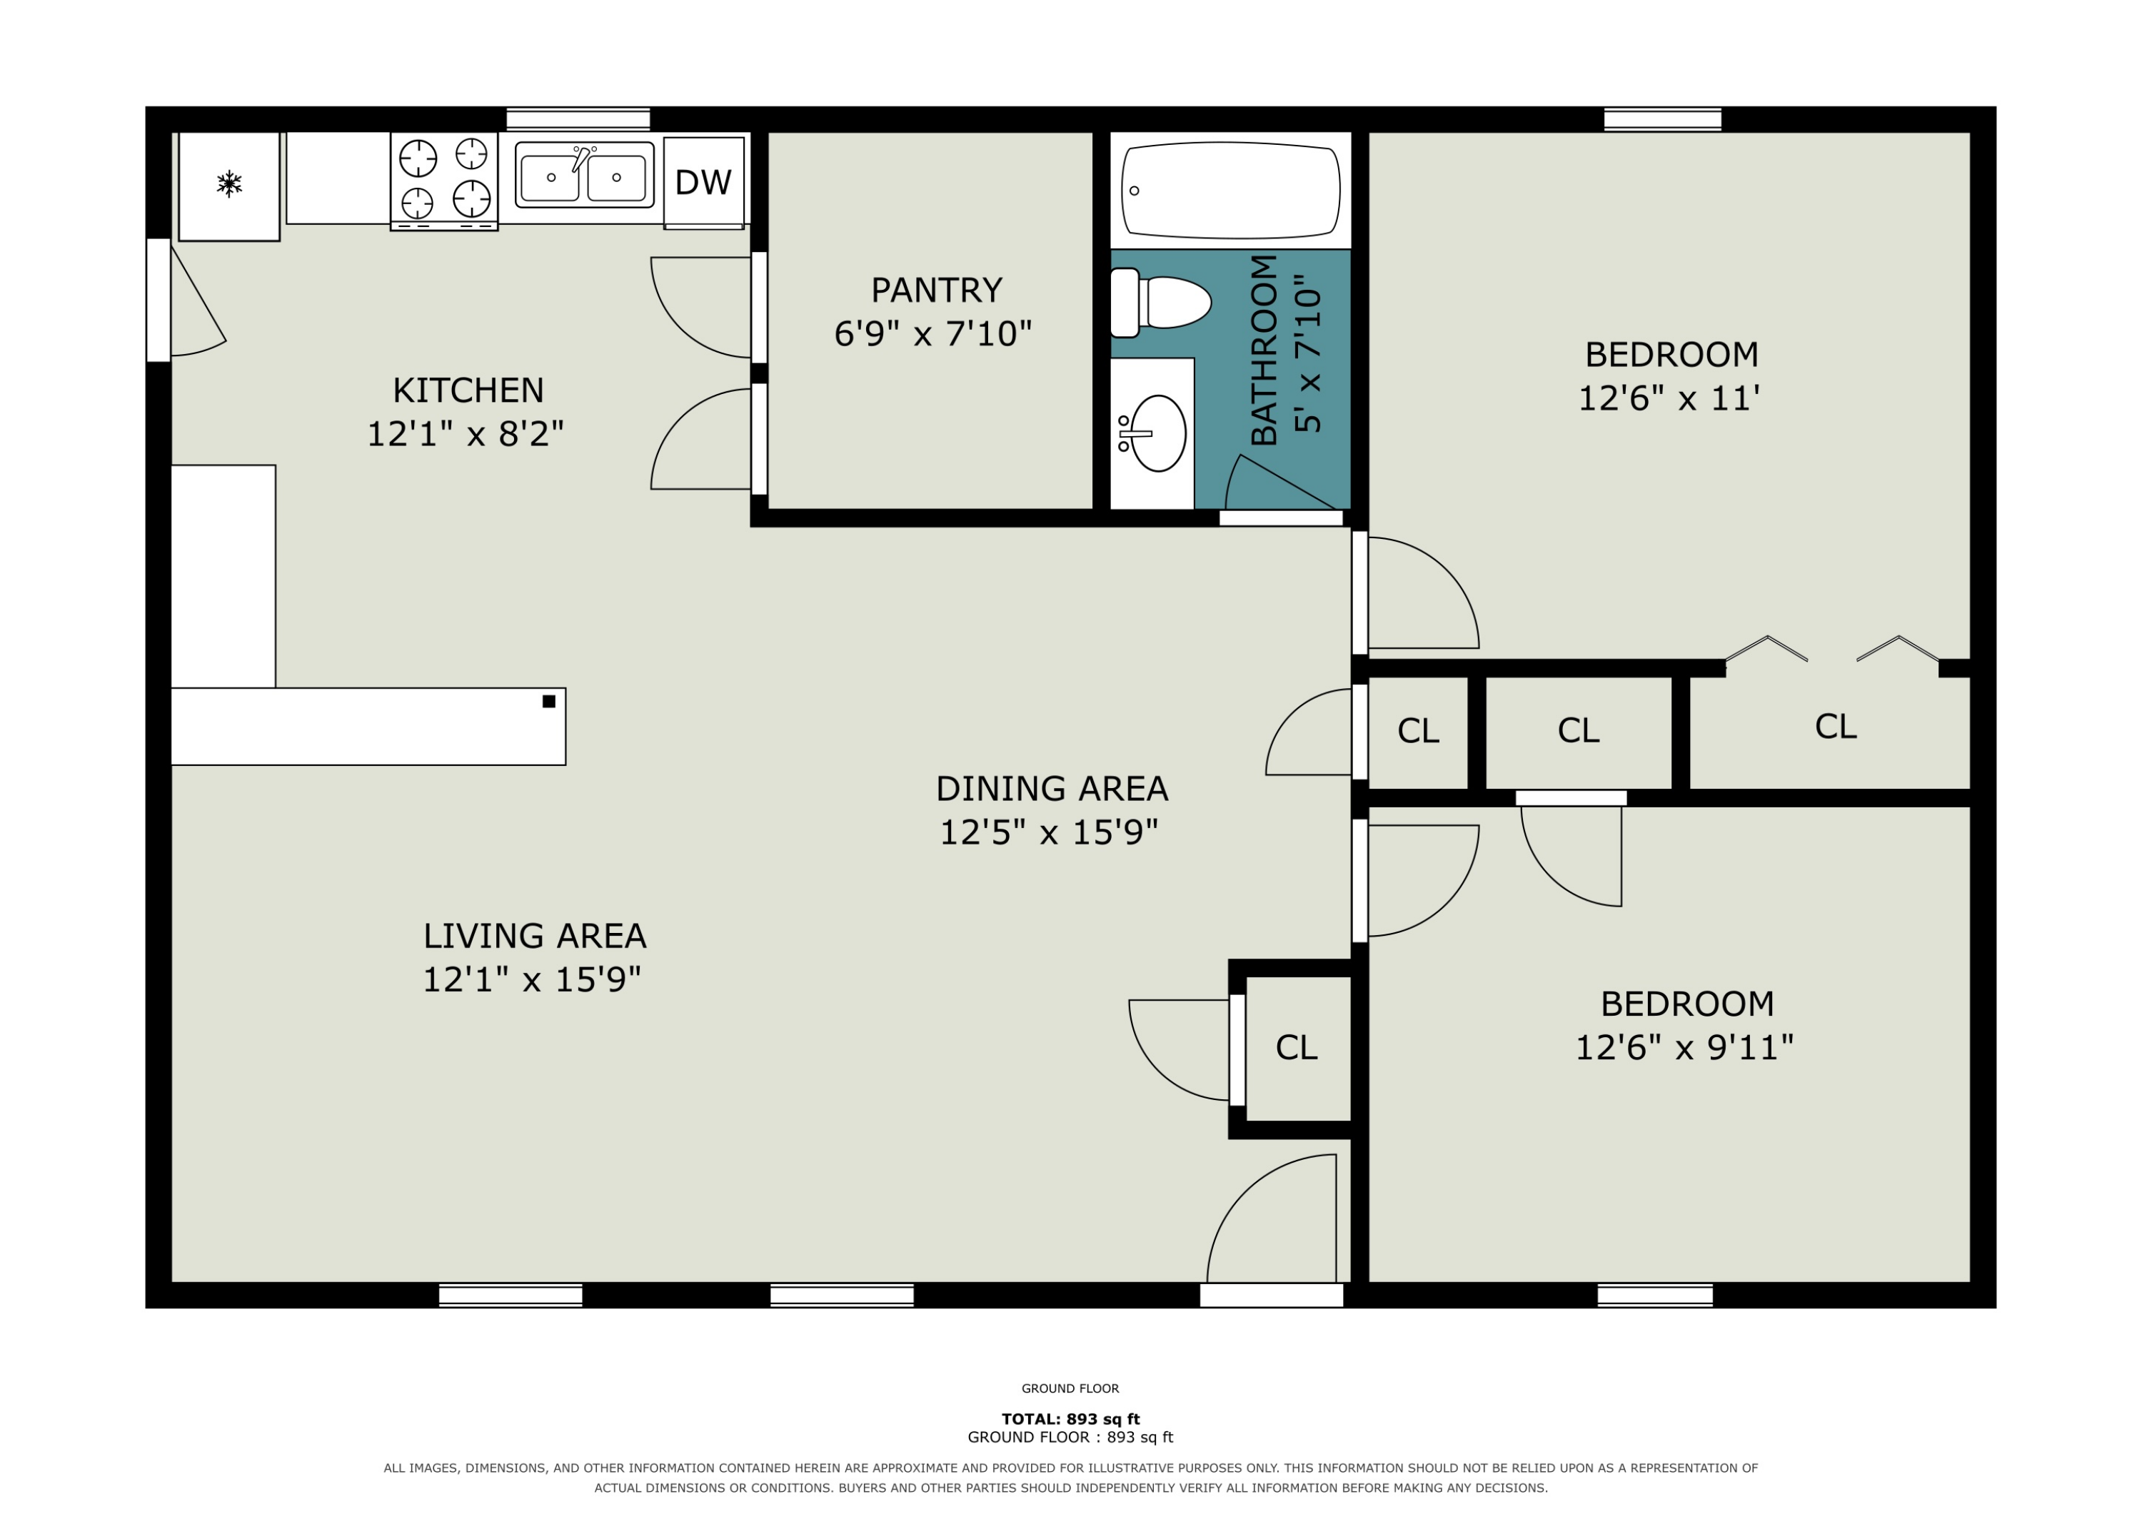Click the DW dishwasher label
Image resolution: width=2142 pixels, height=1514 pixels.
[x=703, y=183]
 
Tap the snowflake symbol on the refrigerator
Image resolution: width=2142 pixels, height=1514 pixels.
[x=229, y=183]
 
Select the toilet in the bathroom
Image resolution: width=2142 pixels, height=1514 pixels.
[x=1160, y=302]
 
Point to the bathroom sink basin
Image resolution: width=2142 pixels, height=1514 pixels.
[x=1158, y=434]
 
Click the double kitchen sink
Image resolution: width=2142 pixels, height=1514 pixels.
[x=584, y=176]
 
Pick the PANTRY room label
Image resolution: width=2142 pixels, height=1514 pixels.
[x=937, y=290]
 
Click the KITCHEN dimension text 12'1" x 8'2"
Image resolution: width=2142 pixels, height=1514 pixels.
[x=466, y=434]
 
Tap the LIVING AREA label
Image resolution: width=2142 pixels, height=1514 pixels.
[x=535, y=936]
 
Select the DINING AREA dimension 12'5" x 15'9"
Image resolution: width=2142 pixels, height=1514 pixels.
[x=1049, y=832]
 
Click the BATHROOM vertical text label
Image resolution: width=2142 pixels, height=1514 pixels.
[x=1263, y=350]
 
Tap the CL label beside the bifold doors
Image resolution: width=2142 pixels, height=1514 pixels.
[x=1836, y=727]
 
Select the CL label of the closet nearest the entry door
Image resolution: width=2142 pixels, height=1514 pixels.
[x=1297, y=1048]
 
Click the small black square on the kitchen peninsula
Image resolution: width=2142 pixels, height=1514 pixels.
[x=548, y=702]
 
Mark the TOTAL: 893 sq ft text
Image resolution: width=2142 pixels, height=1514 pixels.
[x=1071, y=1419]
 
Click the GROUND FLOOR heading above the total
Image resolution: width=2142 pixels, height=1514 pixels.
[x=1070, y=1388]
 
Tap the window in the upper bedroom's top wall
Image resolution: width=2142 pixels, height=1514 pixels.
[x=1662, y=119]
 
